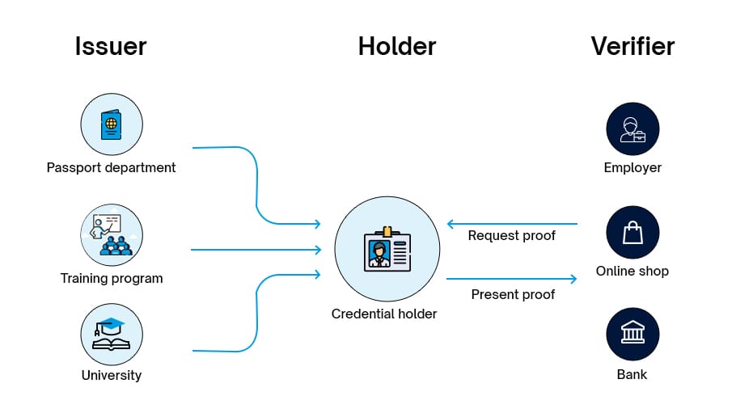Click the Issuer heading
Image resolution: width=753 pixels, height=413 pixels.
(111, 46)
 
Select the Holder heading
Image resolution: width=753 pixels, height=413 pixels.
(396, 46)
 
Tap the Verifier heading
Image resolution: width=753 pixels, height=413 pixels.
(632, 46)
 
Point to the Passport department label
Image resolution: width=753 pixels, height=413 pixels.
(111, 168)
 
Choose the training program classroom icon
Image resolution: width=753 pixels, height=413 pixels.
(112, 234)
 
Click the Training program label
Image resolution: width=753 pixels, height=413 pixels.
(112, 279)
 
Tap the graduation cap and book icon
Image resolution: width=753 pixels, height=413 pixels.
(112, 334)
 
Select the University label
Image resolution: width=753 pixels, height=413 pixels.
(112, 375)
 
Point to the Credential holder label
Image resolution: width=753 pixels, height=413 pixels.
(384, 314)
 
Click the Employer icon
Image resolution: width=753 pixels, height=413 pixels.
(632, 129)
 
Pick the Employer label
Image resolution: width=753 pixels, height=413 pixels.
(632, 168)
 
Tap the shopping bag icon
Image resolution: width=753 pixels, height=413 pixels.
(632, 233)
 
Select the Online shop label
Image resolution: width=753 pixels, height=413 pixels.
(632, 272)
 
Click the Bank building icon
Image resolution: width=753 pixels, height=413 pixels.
(632, 334)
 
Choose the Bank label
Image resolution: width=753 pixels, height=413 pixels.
(632, 375)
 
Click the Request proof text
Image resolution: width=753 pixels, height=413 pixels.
(512, 236)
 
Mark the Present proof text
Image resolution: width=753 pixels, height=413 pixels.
(513, 294)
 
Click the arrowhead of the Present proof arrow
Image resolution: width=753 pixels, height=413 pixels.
(573, 280)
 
